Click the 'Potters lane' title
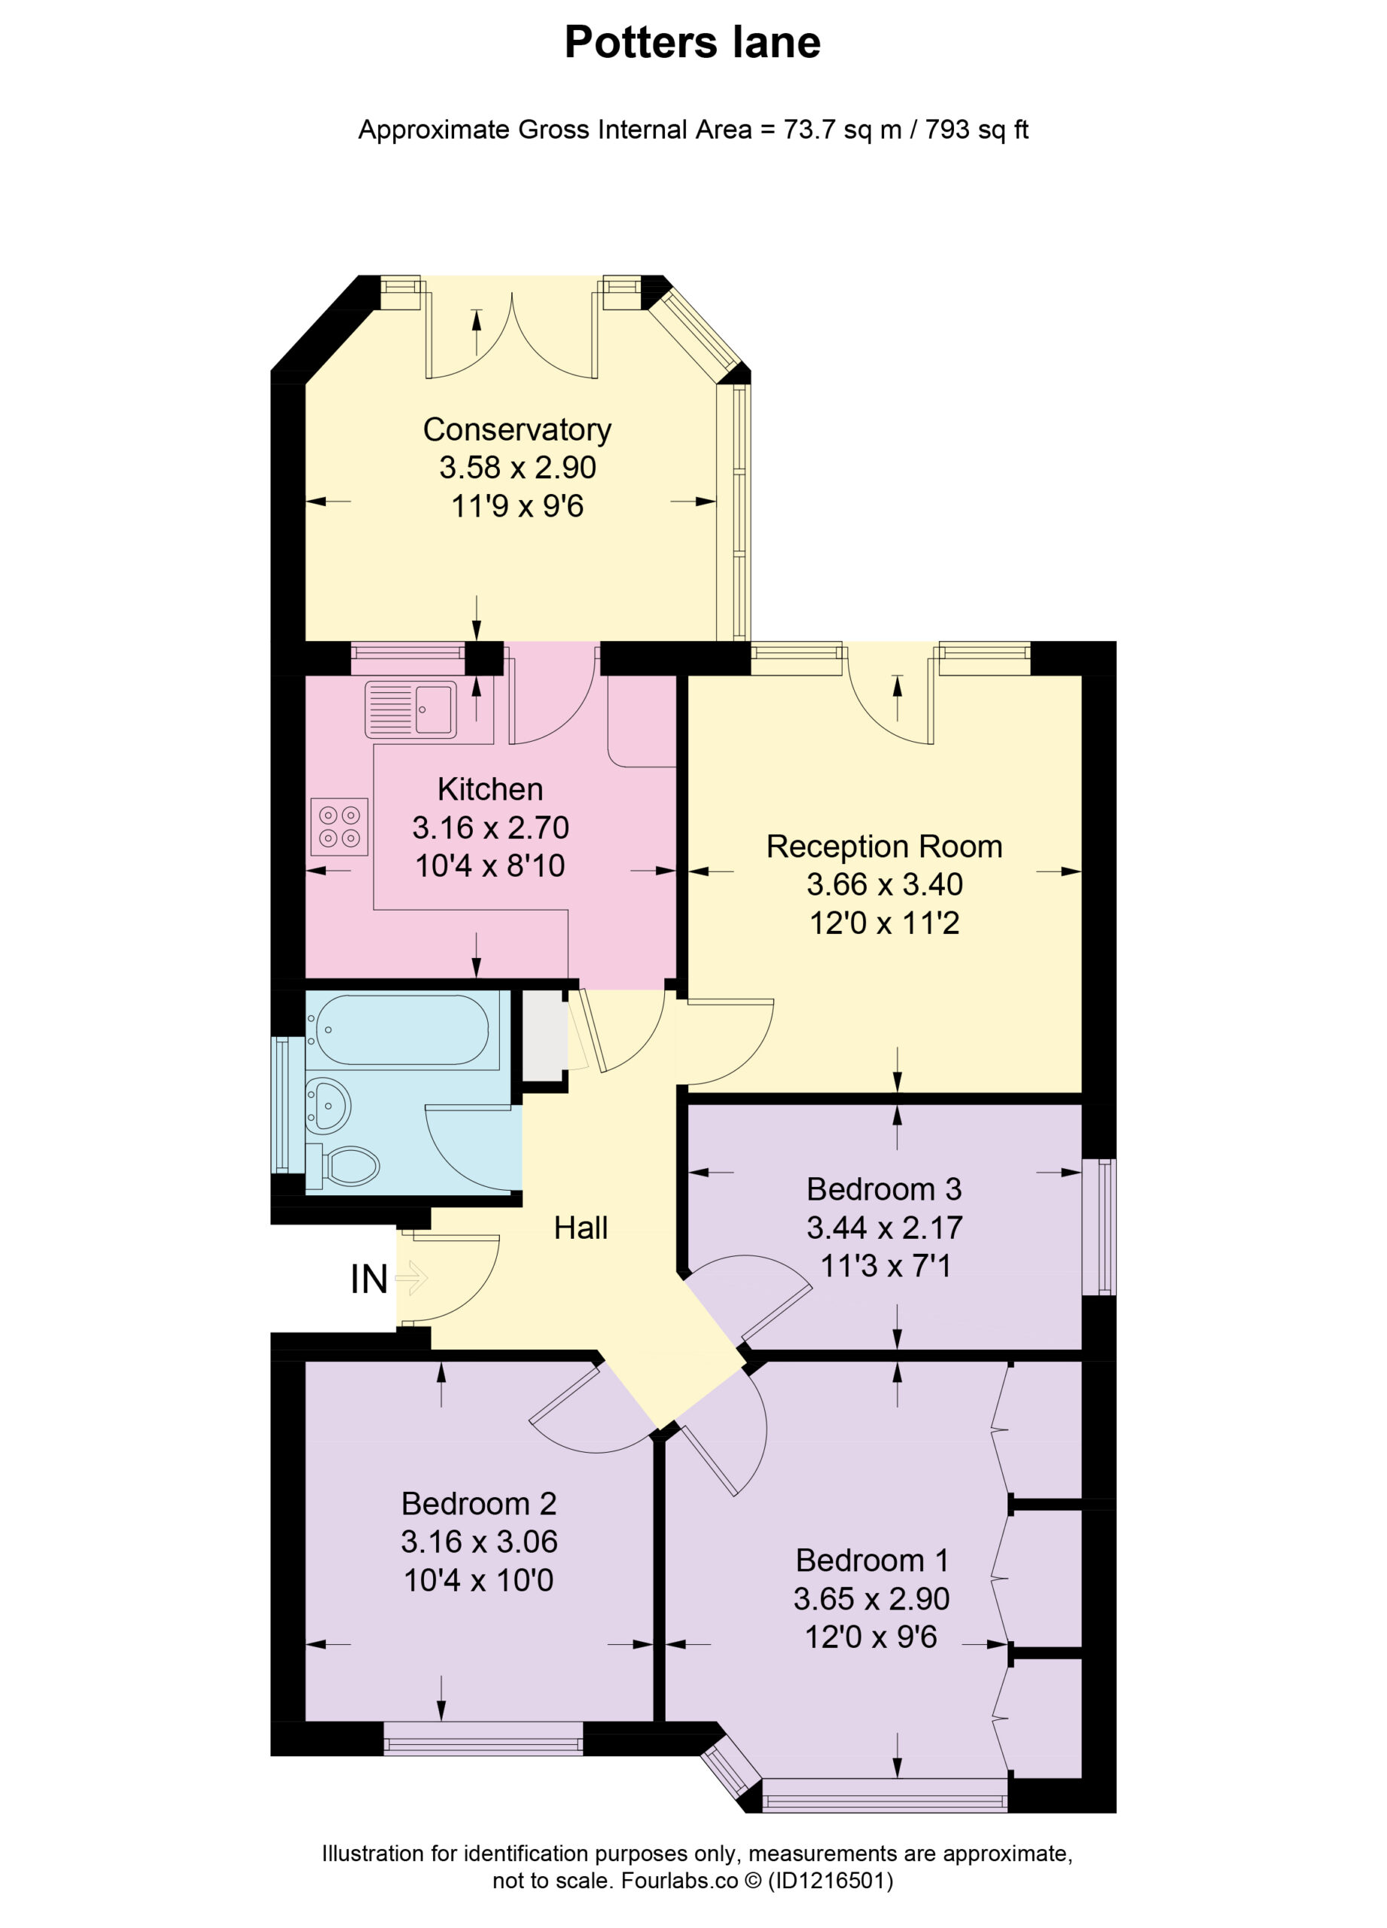click(693, 42)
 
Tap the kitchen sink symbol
click(411, 709)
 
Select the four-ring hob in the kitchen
click(339, 827)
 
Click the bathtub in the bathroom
click(397, 1030)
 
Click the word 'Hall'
click(581, 1228)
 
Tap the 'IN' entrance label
click(369, 1280)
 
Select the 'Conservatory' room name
click(517, 430)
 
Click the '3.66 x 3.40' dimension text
click(885, 885)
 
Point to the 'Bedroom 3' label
click(884, 1189)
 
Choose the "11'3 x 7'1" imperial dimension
click(885, 1266)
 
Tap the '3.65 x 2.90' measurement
click(871, 1599)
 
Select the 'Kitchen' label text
click(489, 790)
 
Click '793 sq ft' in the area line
click(977, 130)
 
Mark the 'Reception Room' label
click(885, 847)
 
